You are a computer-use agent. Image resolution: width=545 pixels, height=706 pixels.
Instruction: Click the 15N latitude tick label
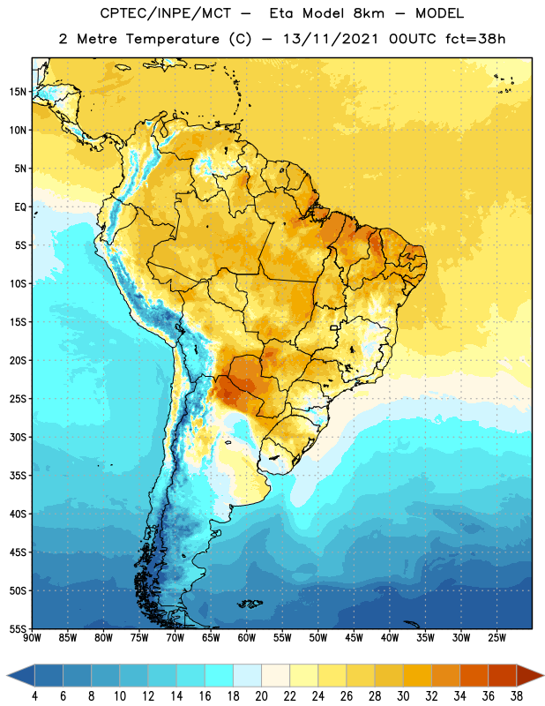click(x=18, y=92)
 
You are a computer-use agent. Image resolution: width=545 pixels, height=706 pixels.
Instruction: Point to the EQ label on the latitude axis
click(x=20, y=207)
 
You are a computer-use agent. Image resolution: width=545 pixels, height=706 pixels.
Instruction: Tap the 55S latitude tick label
click(x=18, y=628)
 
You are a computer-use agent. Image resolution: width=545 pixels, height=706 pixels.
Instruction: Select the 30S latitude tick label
click(x=18, y=437)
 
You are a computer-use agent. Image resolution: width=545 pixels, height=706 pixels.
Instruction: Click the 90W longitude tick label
click(x=32, y=638)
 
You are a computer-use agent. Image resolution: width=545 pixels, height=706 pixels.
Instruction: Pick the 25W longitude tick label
click(x=496, y=638)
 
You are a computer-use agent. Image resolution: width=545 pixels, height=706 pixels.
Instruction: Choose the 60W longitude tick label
click(x=247, y=638)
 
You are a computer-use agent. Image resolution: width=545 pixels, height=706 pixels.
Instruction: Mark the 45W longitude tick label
click(x=354, y=638)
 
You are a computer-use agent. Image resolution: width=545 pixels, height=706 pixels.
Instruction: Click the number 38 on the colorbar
click(x=516, y=696)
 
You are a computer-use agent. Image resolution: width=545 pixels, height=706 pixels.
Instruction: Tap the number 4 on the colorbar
click(x=34, y=696)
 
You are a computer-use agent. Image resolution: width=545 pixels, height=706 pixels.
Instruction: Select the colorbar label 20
click(x=261, y=696)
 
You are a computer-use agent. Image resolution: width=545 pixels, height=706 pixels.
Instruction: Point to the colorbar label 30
click(x=403, y=696)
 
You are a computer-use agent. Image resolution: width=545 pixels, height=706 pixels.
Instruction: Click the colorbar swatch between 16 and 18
click(x=219, y=675)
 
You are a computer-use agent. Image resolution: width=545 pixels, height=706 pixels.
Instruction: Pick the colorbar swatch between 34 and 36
click(x=474, y=675)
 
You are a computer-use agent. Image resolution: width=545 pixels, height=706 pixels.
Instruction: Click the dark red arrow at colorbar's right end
click(x=530, y=675)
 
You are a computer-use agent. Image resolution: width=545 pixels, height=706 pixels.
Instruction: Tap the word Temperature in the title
click(x=172, y=39)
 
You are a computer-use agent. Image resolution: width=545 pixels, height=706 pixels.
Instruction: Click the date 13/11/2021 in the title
click(x=331, y=39)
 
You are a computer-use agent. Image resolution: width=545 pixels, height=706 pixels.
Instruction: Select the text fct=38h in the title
click(x=475, y=39)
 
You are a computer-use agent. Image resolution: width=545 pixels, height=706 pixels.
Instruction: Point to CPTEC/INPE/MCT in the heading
click(x=166, y=13)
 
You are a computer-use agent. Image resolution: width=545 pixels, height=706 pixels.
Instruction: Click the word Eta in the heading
click(x=281, y=13)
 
